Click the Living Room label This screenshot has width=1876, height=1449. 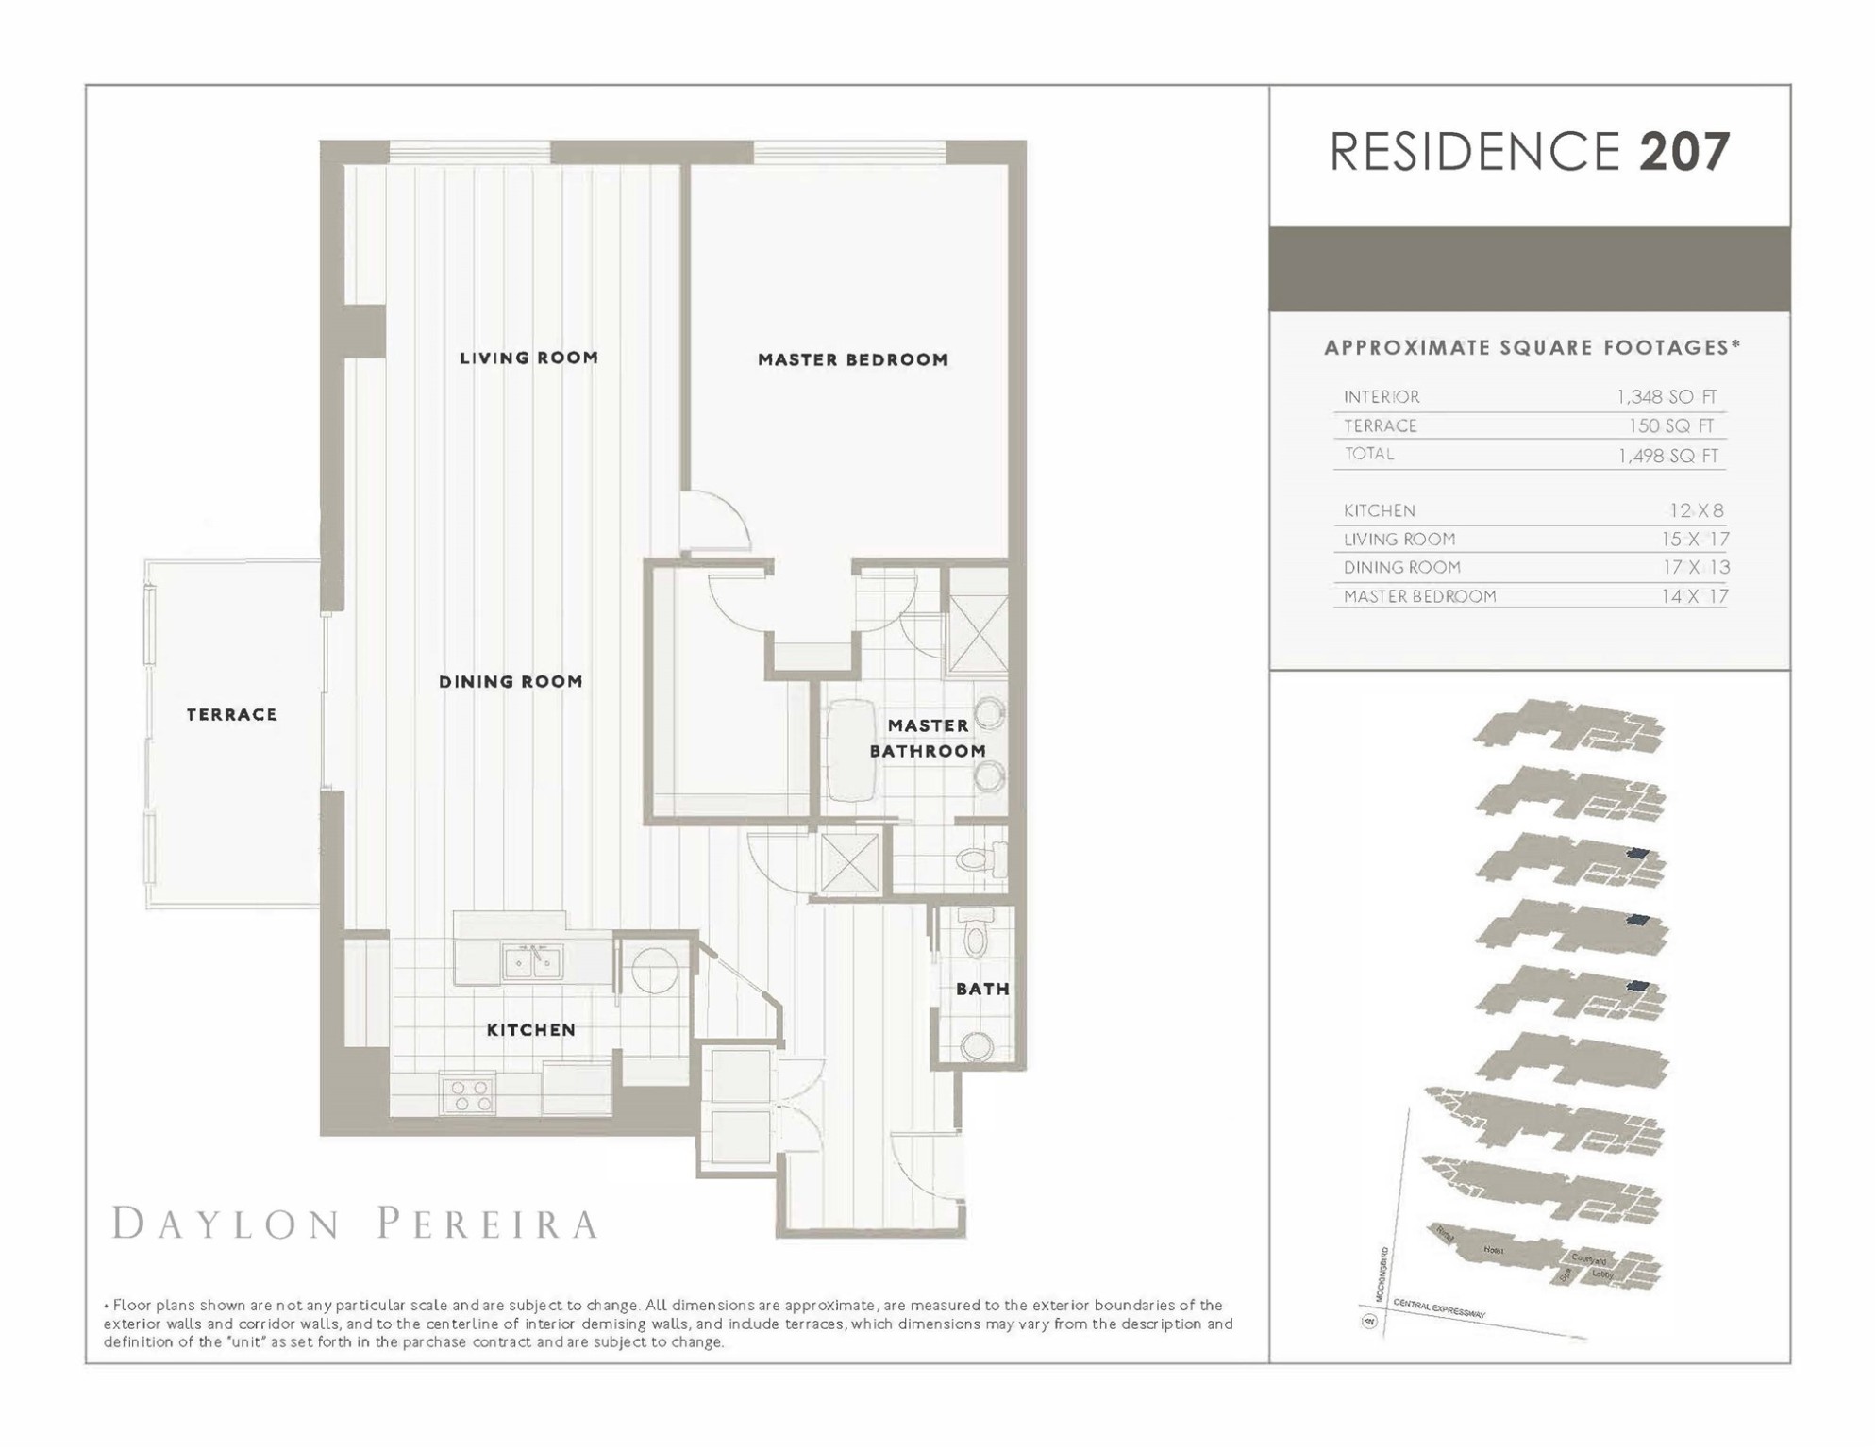click(528, 358)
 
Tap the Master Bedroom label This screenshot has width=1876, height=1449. click(852, 359)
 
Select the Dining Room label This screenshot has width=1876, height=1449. click(511, 681)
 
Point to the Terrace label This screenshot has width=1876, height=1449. click(231, 714)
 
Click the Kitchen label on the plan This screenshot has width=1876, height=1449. click(530, 1029)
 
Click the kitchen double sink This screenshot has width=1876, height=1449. click(532, 962)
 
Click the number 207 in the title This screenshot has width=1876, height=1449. click(1684, 151)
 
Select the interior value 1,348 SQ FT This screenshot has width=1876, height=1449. click(1667, 397)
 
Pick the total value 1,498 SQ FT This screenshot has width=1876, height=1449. click(1667, 456)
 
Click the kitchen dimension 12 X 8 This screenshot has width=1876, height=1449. click(1696, 510)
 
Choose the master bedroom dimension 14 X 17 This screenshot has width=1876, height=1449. click(1694, 596)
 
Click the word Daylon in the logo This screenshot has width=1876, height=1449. click(226, 1224)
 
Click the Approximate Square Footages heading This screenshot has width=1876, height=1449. click(1531, 347)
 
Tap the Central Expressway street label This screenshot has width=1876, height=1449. click(1439, 1308)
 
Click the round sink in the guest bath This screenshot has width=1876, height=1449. click(977, 1044)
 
